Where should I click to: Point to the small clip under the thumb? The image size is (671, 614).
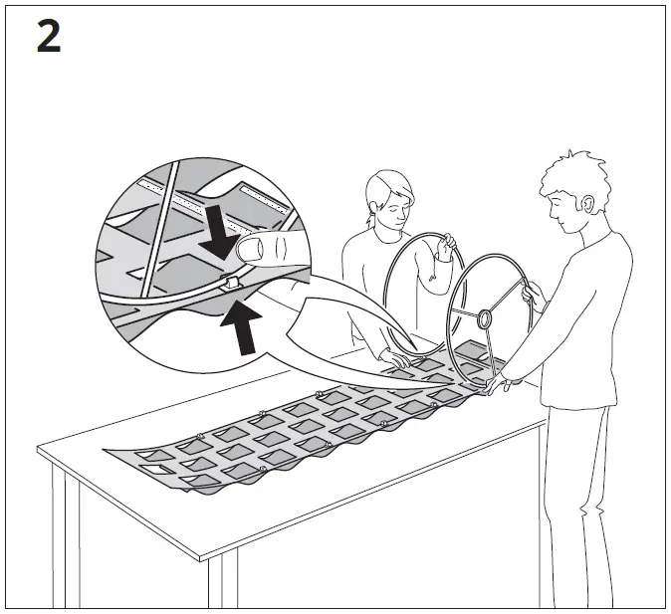232,284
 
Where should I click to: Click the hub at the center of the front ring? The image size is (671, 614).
486,319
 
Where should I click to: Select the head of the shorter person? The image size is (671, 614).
388,197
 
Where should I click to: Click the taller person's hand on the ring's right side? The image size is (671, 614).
534,293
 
